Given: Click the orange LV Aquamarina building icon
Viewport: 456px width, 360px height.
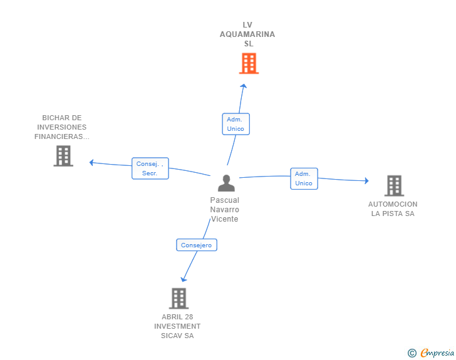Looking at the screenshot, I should [249, 63].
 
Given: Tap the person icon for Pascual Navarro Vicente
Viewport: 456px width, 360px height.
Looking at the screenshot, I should [225, 183].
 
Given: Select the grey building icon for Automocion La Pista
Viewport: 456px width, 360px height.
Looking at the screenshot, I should [393, 185].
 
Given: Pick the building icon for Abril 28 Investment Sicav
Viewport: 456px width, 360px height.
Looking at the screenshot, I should [179, 298].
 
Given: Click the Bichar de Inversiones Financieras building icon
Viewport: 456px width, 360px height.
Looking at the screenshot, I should [63, 156].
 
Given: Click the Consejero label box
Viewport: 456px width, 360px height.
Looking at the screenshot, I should [196, 245].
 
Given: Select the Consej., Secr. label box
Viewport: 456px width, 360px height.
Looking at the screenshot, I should [150, 168].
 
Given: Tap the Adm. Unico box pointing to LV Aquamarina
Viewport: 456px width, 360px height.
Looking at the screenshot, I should [236, 124].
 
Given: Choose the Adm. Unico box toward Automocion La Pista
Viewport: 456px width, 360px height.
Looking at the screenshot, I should [304, 178].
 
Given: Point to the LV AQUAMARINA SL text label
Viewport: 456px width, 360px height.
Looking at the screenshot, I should [247, 34].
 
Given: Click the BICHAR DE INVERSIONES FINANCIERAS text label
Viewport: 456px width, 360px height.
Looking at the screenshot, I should [62, 127].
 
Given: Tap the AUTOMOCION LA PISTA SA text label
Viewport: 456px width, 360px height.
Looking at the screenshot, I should [393, 208].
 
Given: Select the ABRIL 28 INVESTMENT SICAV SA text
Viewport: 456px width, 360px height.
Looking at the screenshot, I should [178, 326].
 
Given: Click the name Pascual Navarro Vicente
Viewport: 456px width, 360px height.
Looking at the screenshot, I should [225, 210].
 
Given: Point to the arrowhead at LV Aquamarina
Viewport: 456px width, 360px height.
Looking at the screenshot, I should [244, 86].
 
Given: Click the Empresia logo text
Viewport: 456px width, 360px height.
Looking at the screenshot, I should [437, 353].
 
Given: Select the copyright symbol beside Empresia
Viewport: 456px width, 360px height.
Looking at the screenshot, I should [412, 353].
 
